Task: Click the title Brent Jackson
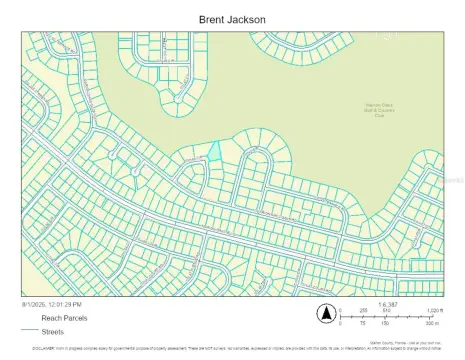[x=231, y=17]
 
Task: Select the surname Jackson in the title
[x=248, y=17]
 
